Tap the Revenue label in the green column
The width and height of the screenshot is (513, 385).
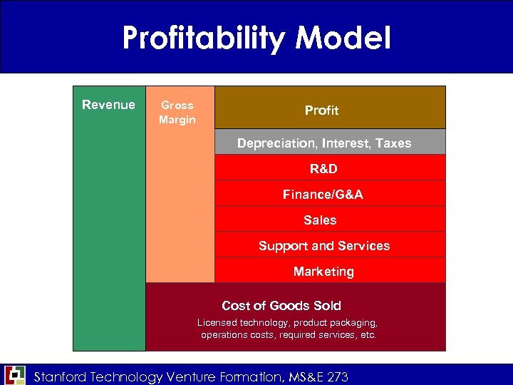point(108,105)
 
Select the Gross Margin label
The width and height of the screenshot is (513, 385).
point(177,112)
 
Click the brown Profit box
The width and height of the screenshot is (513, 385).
point(322,110)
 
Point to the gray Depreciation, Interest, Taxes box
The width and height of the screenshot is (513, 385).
point(324,143)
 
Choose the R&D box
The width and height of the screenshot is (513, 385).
point(324,168)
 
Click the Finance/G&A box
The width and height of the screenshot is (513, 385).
point(323,194)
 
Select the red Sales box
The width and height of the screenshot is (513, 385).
point(320,220)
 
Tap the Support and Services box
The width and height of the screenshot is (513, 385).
point(324,245)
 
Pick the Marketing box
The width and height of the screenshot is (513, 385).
point(323,271)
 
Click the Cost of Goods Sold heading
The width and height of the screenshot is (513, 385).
point(281,305)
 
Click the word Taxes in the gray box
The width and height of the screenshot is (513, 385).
point(393,143)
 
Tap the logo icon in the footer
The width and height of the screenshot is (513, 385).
point(14,375)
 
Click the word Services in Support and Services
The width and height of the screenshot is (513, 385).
point(364,245)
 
